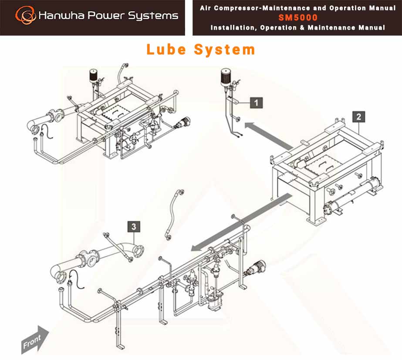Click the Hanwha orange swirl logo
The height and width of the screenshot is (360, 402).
click(25, 15)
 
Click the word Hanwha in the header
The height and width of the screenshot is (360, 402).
click(61, 15)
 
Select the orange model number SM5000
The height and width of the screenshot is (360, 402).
click(298, 17)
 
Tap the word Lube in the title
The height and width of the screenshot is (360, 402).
click(166, 49)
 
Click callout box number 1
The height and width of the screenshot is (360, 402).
click(256, 103)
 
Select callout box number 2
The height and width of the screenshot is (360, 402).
click(359, 117)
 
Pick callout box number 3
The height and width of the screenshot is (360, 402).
click(134, 227)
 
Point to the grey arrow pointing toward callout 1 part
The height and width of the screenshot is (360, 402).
click(269, 135)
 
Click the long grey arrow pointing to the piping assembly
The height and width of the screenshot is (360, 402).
click(241, 222)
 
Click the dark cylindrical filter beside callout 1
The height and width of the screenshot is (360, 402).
click(226, 77)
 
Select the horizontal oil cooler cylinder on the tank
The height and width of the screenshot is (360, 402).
click(354, 194)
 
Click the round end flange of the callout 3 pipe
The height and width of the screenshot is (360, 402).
click(139, 251)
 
